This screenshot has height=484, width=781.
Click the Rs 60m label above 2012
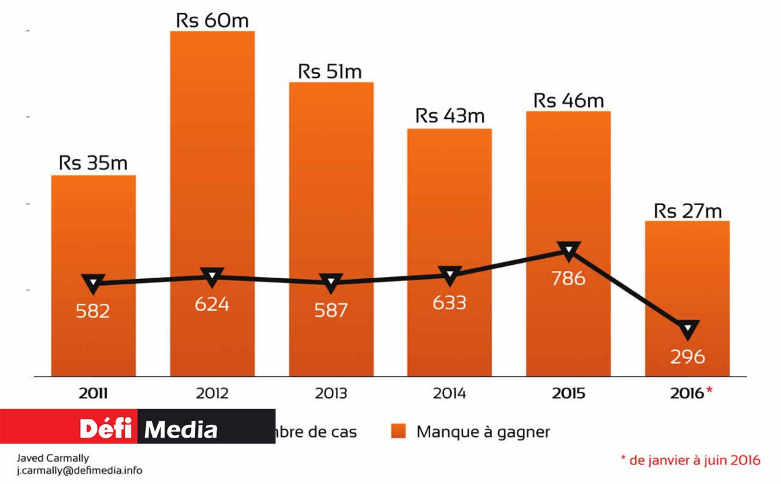tap(212, 20)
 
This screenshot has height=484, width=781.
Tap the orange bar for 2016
tap(687, 282)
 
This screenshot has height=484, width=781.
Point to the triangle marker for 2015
tap(569, 251)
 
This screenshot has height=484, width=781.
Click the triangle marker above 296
tap(688, 329)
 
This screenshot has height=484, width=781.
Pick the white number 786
tap(568, 278)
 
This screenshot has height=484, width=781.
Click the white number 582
tap(93, 311)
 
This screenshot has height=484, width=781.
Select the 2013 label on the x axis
tap(331, 393)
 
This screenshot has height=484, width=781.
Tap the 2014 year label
tap(449, 393)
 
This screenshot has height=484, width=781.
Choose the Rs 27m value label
tap(688, 210)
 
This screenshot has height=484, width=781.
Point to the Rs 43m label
tap(450, 116)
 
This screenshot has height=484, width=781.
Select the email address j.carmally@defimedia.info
tap(79, 471)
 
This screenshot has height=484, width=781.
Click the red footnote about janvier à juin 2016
tap(690, 460)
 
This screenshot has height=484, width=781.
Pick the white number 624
tap(212, 305)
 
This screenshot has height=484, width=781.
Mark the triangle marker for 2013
tap(331, 282)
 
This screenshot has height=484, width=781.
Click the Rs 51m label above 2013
tap(331, 71)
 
